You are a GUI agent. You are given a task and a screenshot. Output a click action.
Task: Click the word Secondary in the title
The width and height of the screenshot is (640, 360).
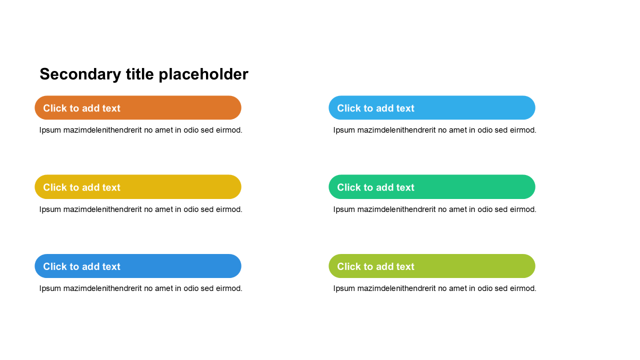pyautogui.click(x=80, y=74)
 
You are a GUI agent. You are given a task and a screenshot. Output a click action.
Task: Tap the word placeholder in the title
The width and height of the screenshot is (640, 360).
pyautogui.click(x=203, y=74)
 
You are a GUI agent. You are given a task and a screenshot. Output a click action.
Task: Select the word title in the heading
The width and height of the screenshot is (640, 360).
pyautogui.click(x=140, y=74)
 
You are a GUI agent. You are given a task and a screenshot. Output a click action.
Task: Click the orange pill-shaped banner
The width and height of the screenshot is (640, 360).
pyautogui.click(x=138, y=107)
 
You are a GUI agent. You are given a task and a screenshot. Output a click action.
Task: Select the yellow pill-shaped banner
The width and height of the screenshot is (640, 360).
pyautogui.click(x=138, y=187)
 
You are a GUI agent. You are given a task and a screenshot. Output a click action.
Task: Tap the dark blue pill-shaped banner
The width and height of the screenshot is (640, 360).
pyautogui.click(x=138, y=266)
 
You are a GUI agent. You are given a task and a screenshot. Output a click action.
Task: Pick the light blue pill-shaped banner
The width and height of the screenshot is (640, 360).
pyautogui.click(x=431, y=107)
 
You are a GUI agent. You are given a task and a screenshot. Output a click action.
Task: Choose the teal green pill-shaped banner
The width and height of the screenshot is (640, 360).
pyautogui.click(x=431, y=187)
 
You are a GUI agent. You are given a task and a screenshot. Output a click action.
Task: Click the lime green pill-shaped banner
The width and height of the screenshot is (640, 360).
pyautogui.click(x=431, y=266)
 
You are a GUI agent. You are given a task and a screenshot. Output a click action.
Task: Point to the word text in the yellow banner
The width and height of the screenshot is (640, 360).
pyautogui.click(x=111, y=187)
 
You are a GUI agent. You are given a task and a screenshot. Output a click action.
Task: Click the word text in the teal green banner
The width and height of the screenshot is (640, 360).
pyautogui.click(x=405, y=187)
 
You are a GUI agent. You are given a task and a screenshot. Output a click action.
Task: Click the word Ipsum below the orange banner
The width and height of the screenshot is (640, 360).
pyautogui.click(x=50, y=130)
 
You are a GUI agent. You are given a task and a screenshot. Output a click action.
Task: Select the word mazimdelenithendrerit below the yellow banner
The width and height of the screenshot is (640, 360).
pyautogui.click(x=102, y=209)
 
